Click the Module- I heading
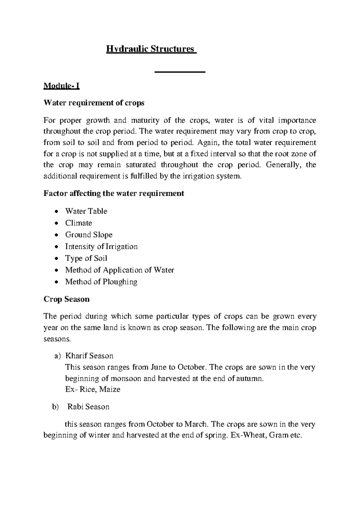point(61,86)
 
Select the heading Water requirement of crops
point(94,103)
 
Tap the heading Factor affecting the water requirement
point(114,193)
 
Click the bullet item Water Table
point(86,211)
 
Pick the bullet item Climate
point(79,223)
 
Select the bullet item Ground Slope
point(89,235)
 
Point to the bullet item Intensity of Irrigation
point(101,246)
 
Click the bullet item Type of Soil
point(86,258)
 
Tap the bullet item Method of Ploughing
point(101,282)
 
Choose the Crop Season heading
point(67,299)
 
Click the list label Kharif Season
point(89,356)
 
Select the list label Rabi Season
point(88,407)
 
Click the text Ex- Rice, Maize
point(93,390)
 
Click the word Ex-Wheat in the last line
point(248,435)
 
